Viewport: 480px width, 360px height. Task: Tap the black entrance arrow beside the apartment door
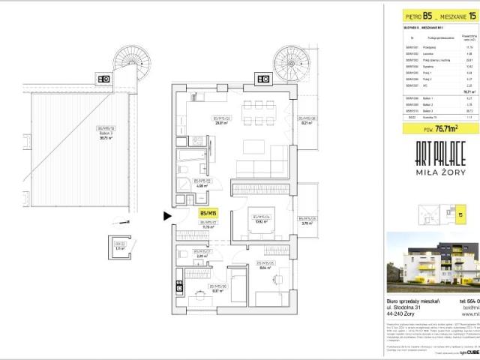167,217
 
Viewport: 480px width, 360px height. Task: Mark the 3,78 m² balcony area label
307,223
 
